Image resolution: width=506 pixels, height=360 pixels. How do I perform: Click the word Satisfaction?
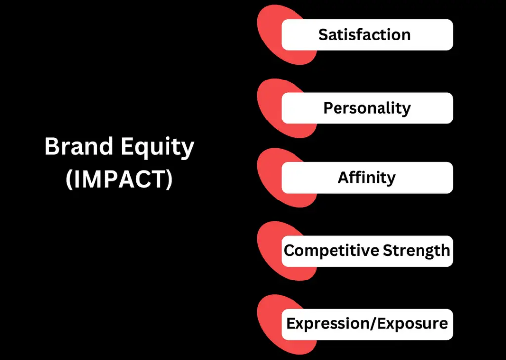point(364,35)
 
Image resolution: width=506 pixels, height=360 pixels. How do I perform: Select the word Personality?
point(367,109)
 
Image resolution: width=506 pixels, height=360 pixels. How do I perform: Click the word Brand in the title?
point(79,146)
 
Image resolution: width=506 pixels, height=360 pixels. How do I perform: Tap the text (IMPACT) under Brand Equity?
point(119,179)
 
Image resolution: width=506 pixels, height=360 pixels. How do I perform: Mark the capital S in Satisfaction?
point(323,35)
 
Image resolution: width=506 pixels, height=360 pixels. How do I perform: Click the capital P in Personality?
point(328,108)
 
